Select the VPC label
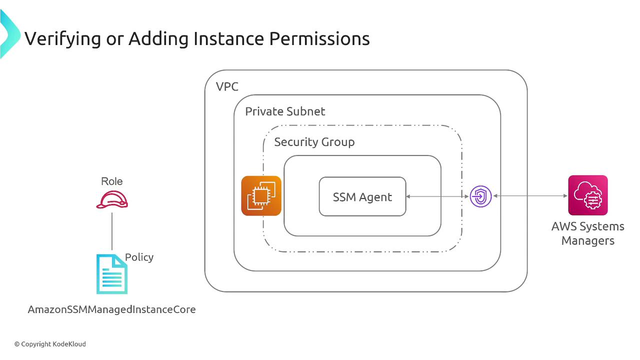pyautogui.click(x=227, y=86)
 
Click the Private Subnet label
pyautogui.click(x=285, y=111)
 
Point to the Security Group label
pyautogui.click(x=314, y=142)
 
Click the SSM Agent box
pyautogui.click(x=362, y=196)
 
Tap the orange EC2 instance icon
pyautogui.click(x=261, y=195)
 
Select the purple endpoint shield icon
pyautogui.click(x=481, y=196)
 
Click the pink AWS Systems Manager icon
pyautogui.click(x=588, y=195)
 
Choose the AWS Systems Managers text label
pyautogui.click(x=588, y=233)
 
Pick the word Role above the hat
pyautogui.click(x=112, y=181)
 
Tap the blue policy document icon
pyautogui.click(x=111, y=274)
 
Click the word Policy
pyautogui.click(x=139, y=257)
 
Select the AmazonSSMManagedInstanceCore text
pyautogui.click(x=111, y=309)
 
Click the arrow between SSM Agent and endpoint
pyautogui.click(x=437, y=196)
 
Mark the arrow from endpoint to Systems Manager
pyautogui.click(x=530, y=196)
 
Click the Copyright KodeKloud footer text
pyautogui.click(x=50, y=344)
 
